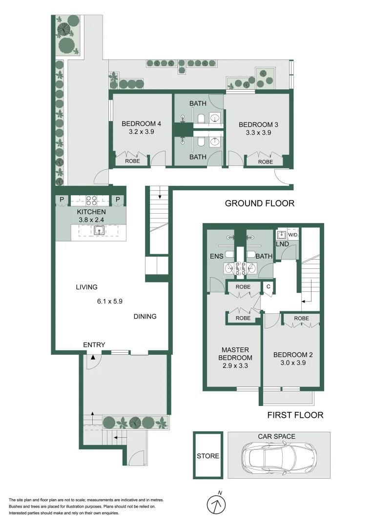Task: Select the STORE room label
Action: (208, 456)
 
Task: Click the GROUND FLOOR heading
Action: (259, 203)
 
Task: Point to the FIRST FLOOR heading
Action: (295, 415)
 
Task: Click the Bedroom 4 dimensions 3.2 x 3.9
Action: (141, 131)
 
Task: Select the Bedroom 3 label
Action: (258, 124)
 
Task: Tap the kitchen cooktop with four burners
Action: (91, 200)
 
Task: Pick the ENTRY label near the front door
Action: (94, 345)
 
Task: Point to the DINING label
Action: (145, 316)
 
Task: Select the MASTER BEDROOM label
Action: (235, 354)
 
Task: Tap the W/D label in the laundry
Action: (292, 235)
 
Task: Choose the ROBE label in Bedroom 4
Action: (132, 160)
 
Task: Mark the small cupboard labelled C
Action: (268, 287)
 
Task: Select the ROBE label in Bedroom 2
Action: (302, 319)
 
